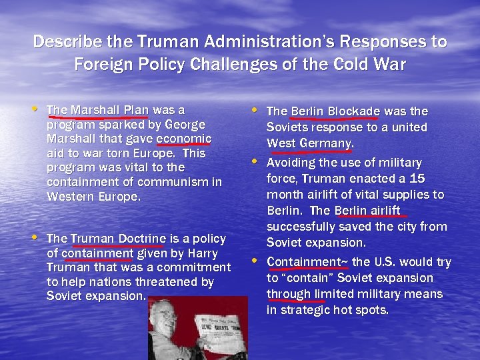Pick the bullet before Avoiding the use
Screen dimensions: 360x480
(x=256, y=161)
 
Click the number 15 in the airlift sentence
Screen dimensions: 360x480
(x=417, y=179)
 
